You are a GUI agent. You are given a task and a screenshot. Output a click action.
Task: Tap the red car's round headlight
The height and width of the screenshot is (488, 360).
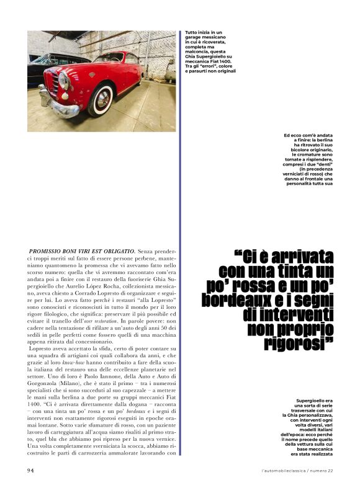63,81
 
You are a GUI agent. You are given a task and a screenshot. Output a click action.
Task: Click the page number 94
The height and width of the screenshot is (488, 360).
30,471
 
